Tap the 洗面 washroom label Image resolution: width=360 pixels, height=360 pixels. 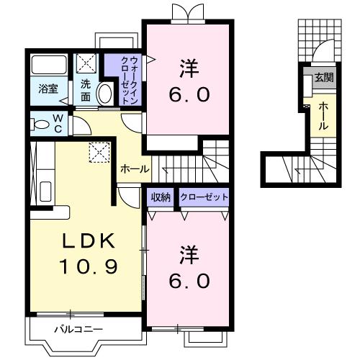(x=86, y=89)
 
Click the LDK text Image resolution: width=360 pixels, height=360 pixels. (x=84, y=241)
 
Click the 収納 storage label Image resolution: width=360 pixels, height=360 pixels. (x=161, y=197)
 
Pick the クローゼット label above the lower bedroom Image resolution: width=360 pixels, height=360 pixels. (x=204, y=197)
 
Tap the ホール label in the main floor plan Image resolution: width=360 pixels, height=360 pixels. (x=135, y=169)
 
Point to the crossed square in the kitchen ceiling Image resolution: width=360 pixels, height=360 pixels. (x=97, y=152)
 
